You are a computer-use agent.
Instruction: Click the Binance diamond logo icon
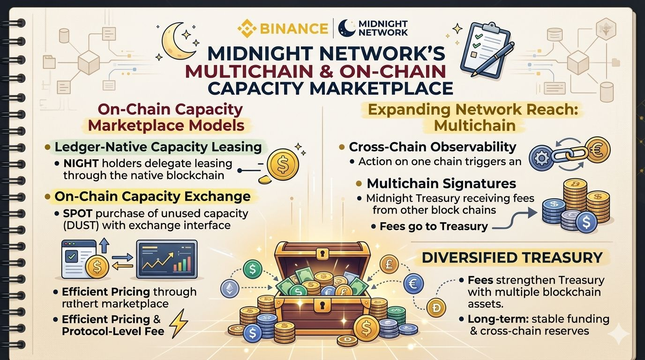(246, 28)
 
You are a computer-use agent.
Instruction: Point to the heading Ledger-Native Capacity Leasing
(158, 147)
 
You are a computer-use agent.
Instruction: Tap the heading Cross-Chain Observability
(432, 147)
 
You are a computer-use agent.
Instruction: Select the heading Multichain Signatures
(441, 183)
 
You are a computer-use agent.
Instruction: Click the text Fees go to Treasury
(434, 226)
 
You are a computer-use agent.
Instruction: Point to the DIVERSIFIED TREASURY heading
(512, 257)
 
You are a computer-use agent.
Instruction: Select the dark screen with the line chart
(166, 259)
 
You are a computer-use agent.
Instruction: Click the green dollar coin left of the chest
(253, 269)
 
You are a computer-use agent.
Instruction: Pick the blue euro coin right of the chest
(413, 284)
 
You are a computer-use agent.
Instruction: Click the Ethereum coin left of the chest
(230, 288)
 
